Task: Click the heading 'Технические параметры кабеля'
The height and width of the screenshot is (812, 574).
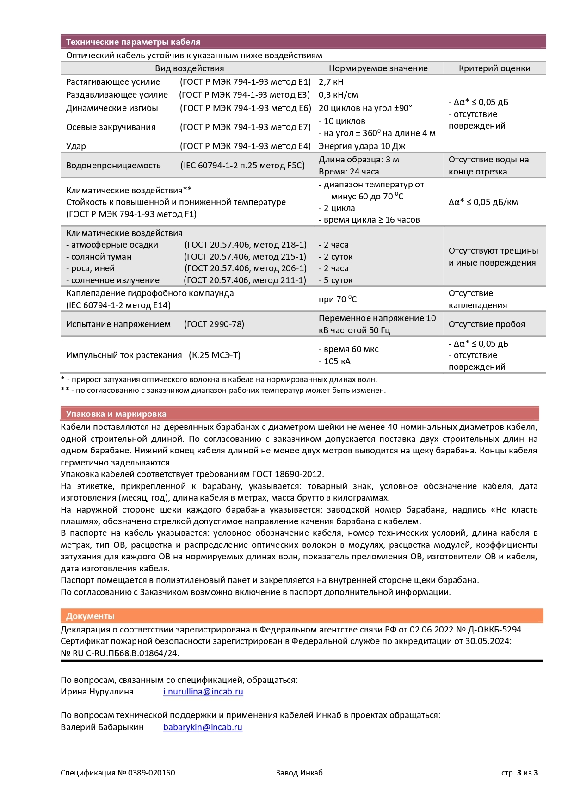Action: pos(133,42)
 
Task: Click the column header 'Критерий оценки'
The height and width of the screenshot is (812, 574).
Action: pos(494,68)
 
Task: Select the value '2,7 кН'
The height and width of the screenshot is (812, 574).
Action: pos(331,82)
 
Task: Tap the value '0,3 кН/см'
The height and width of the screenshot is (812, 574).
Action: pos(338,95)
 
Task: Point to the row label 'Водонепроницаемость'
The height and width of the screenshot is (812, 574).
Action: pos(113,166)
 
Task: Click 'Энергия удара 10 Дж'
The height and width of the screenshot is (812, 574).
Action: pos(362,146)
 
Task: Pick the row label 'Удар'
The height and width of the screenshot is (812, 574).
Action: pos(76,146)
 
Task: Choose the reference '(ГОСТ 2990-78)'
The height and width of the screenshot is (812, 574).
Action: pos(214,324)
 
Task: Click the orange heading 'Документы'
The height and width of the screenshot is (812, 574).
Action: pos(90,616)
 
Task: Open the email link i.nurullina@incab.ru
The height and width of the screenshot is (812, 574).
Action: pos(203,692)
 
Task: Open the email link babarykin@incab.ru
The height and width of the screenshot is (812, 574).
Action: pos(203,727)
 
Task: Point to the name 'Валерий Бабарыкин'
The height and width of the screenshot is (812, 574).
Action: pos(102,727)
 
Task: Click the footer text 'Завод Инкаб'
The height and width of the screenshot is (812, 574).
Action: pos(299,773)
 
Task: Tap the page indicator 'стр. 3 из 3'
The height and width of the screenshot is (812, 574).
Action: pos(519,773)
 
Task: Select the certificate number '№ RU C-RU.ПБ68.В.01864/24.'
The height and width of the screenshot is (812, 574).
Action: pos(120,653)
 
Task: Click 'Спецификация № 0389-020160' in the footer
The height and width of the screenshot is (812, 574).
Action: pos(117,773)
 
